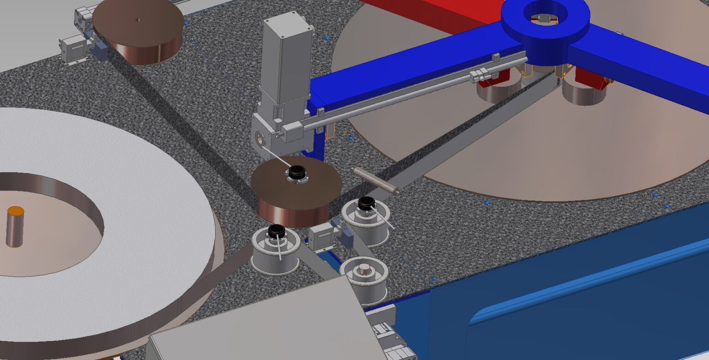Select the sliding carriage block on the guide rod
point(482,75)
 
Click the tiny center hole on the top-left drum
point(138,20)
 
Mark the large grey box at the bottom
point(268,323)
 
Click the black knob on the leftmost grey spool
point(276,230)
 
